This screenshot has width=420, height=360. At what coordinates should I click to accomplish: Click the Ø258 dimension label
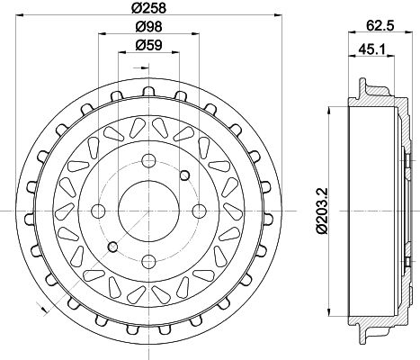coord(148,7)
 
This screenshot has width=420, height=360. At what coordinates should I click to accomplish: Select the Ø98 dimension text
coord(148,27)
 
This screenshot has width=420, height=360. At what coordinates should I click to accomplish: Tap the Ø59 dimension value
coord(148,45)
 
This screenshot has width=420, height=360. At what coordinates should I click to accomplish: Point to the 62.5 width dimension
coord(380,25)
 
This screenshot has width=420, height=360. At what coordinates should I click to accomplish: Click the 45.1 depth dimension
coord(371,49)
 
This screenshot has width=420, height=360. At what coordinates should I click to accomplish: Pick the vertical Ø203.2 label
coord(322,211)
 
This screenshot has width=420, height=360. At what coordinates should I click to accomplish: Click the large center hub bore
coord(148,211)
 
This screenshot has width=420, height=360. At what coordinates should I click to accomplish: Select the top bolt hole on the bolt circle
coord(148,161)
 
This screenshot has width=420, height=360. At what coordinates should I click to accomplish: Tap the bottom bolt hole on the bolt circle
coord(148,262)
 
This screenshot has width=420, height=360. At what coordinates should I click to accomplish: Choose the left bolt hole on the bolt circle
coord(98,211)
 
